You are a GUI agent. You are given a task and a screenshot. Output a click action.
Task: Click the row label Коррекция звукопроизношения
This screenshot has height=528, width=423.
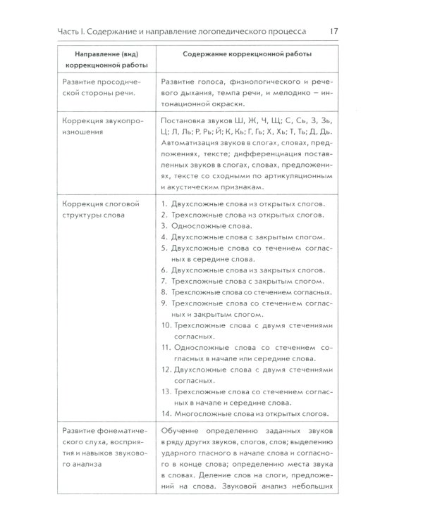pos(102,126)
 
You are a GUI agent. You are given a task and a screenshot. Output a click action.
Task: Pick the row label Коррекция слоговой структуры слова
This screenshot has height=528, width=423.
pos(101,210)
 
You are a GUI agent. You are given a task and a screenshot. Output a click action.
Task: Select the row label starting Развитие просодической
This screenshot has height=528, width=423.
pos(100,88)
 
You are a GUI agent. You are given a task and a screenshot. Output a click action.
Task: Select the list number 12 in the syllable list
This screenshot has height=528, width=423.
pos(166,369)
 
